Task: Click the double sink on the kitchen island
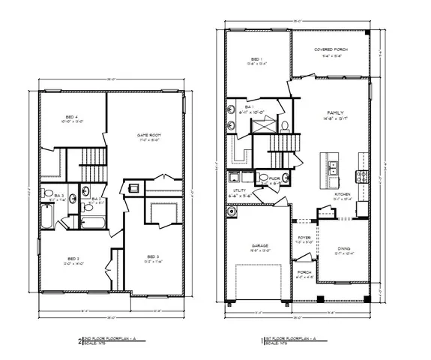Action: (333, 166)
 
